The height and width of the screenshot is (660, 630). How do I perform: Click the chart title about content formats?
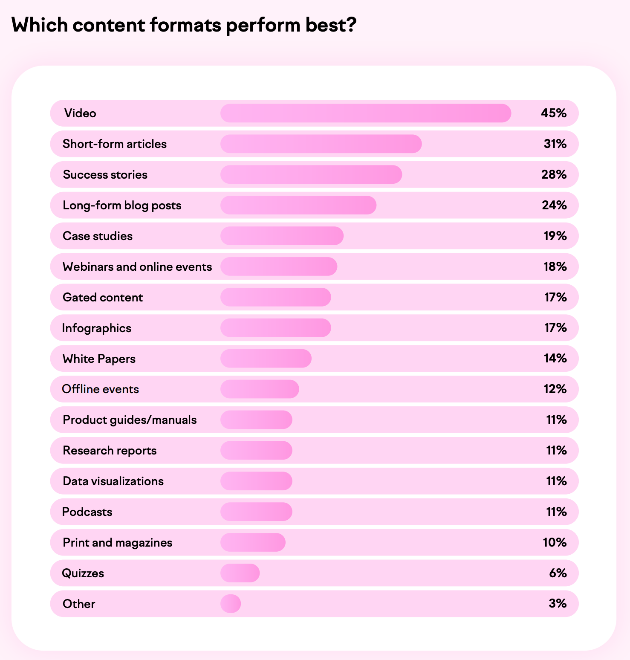point(184,25)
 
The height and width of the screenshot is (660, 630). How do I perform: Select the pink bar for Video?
point(365,113)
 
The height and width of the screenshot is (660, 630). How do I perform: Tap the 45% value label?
point(554,113)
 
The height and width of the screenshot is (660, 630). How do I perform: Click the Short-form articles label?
point(114,144)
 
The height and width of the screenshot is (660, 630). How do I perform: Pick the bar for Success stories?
point(311,175)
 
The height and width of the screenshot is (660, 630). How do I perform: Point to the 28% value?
point(554,175)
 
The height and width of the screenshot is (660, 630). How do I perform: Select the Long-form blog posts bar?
point(298,206)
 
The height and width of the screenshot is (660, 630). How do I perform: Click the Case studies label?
point(98,236)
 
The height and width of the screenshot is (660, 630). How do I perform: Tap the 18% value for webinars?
point(555,267)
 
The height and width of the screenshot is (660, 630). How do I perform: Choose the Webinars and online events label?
point(137,267)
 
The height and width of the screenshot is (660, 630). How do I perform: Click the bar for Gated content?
point(275,298)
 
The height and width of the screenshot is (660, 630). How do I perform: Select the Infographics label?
point(96,328)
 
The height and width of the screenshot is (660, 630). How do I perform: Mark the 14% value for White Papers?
point(555,359)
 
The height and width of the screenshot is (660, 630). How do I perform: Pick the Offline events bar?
point(260,389)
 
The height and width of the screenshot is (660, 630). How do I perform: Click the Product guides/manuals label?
point(130,420)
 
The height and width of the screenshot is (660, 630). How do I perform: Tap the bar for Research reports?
point(256,451)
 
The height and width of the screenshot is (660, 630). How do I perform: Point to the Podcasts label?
point(87,512)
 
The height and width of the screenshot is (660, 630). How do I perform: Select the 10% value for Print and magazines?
point(555,543)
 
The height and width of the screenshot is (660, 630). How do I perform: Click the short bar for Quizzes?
point(240,573)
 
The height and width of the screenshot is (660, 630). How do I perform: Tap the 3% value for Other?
point(558,604)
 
